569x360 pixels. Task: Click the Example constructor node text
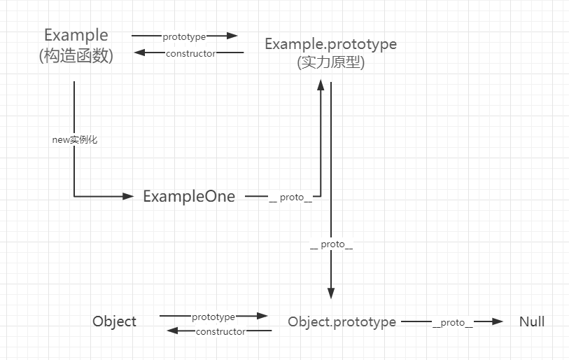(76, 35)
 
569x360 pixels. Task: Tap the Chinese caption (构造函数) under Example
(76, 56)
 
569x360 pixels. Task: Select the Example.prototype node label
(330, 43)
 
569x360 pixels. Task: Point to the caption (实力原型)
(330, 62)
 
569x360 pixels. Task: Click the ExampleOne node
(189, 196)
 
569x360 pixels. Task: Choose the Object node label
(114, 321)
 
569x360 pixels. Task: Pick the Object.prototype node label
(342, 322)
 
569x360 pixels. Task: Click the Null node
(532, 322)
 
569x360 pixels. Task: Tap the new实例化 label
(74, 139)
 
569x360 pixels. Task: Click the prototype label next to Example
(184, 36)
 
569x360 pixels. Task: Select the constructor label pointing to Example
(190, 53)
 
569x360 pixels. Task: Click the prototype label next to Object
(213, 317)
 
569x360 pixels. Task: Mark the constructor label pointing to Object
(220, 331)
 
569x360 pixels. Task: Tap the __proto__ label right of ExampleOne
(290, 198)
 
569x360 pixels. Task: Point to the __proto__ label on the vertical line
(331, 245)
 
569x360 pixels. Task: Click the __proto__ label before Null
(453, 322)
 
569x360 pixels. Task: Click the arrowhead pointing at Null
(498, 321)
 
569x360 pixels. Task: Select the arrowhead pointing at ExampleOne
(128, 196)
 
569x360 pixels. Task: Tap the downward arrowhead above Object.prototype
(331, 293)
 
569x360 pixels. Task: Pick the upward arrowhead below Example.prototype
(321, 85)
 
